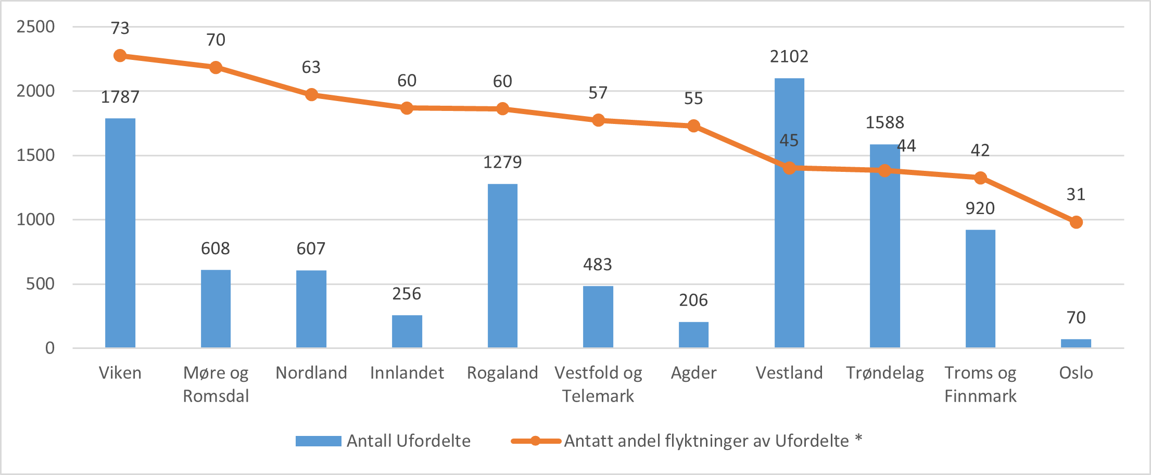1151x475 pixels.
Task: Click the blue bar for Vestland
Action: click(789, 260)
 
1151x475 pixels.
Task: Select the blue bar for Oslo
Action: click(1076, 344)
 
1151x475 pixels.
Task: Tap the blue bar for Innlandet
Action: click(407, 331)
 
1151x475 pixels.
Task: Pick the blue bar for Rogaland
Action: click(502, 266)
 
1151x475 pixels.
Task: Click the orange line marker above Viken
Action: click(120, 56)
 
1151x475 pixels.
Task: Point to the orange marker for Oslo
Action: click(1076, 222)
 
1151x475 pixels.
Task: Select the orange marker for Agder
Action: click(693, 126)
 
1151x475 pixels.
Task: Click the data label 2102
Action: click(789, 56)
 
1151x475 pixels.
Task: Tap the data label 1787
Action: click(120, 97)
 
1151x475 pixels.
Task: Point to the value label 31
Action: click(1076, 194)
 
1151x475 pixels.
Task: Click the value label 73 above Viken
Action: click(120, 28)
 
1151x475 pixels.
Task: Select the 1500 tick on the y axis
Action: click(35, 155)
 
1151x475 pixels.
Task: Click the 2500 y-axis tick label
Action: click(35, 27)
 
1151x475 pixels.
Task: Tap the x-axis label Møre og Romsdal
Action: click(216, 384)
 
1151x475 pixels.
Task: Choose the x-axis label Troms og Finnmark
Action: click(980, 384)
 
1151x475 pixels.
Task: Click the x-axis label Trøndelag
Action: click(884, 373)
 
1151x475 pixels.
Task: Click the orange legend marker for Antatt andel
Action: click(536, 441)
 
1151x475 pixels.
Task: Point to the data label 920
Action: click(980, 208)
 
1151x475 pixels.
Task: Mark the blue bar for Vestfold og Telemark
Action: click(598, 317)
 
